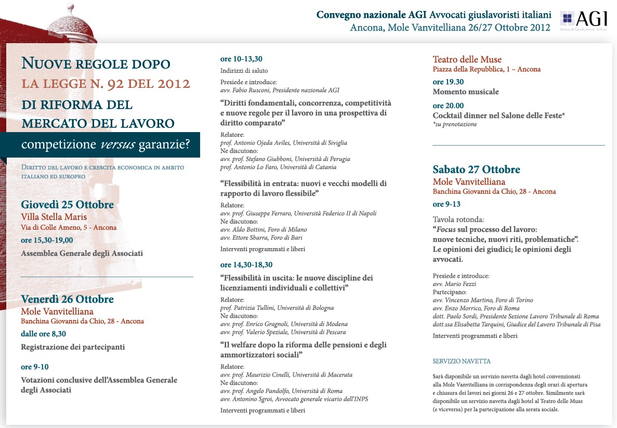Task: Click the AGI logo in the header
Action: point(583,21)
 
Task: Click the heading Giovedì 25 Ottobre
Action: point(67,205)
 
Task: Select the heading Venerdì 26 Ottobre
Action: point(67,300)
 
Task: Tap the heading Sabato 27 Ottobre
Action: point(476,170)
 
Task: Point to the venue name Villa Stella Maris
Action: point(54,217)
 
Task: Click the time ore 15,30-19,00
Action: point(47,240)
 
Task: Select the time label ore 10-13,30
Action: point(241,59)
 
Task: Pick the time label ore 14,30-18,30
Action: point(246,265)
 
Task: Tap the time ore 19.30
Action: point(448,82)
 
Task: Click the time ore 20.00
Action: point(448,106)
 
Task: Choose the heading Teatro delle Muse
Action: point(467,59)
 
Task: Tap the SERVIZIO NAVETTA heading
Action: point(462,361)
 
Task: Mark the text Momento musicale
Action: point(465,92)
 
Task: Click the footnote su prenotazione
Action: point(456,124)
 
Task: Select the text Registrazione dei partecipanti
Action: point(73,347)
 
